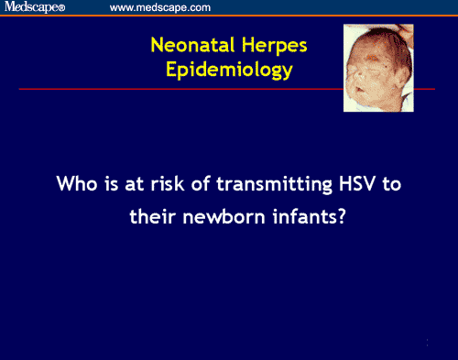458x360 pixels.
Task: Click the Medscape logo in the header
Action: click(40, 7)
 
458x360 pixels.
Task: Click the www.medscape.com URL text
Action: click(160, 7)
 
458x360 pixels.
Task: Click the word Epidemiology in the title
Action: click(230, 70)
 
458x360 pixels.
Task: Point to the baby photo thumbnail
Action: click(376, 68)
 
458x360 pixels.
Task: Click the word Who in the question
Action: click(76, 183)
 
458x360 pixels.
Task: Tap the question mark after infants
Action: click(339, 220)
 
